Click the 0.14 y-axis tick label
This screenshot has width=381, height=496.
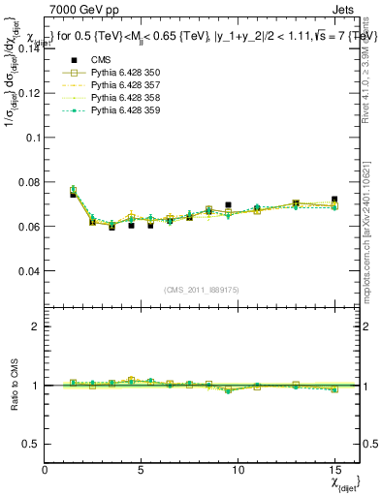[31, 47]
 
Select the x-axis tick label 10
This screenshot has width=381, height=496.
[238, 470]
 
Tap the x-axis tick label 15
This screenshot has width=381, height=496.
[334, 470]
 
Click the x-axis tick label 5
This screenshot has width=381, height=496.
[142, 470]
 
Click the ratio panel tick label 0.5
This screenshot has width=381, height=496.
[32, 444]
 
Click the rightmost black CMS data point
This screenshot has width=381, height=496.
[334, 200]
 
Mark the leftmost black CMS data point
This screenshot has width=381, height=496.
[73, 195]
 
